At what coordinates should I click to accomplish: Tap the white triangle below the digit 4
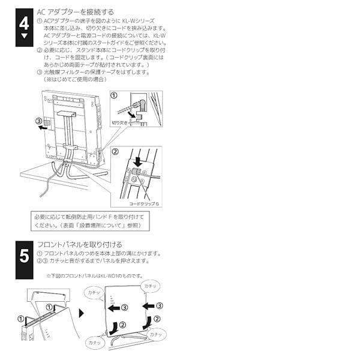pos(24,36)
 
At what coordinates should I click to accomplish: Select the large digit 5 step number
pos(24,256)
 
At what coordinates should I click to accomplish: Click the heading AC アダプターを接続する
pos(75,11)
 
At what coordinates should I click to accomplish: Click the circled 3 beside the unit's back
pos(40,119)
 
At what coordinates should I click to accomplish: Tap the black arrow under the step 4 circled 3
pos(41,127)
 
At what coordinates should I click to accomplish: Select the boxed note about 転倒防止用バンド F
pos(90,220)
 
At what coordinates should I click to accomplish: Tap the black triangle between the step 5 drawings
pos(82,312)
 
